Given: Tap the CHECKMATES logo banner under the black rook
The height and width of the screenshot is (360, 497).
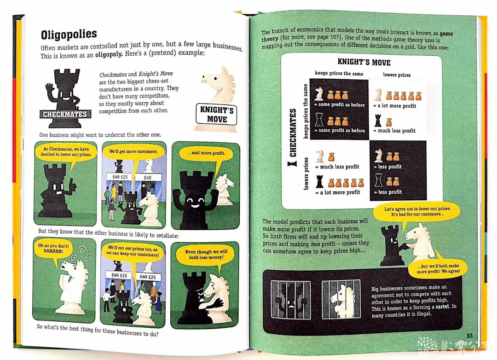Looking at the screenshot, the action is coord(65,114).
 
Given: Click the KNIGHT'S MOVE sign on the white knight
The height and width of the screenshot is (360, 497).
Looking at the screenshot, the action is coord(216,114).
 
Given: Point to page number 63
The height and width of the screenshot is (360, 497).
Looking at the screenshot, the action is coord(469,336).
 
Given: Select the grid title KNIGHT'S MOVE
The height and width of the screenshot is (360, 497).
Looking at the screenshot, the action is coord(364,62).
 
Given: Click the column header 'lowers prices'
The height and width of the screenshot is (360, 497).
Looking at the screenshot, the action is coord(397,75).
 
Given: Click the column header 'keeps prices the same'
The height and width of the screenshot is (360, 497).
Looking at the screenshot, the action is coord(339,73).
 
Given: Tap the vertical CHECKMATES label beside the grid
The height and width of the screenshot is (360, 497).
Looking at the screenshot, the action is coord(293,133).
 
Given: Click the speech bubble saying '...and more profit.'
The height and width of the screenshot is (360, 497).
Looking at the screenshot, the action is coord(206,153).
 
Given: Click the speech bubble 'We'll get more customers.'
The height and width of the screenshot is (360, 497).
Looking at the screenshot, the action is coord(133,152).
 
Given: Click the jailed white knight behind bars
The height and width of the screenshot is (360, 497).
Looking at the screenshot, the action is coord(341,299).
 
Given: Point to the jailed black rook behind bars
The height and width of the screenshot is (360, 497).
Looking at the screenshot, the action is coord(291,299).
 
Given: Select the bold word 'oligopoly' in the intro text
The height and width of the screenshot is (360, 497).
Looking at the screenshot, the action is coord(109,55).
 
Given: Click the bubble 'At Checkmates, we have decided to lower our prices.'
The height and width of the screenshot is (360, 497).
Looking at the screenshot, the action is coord(66,152).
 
